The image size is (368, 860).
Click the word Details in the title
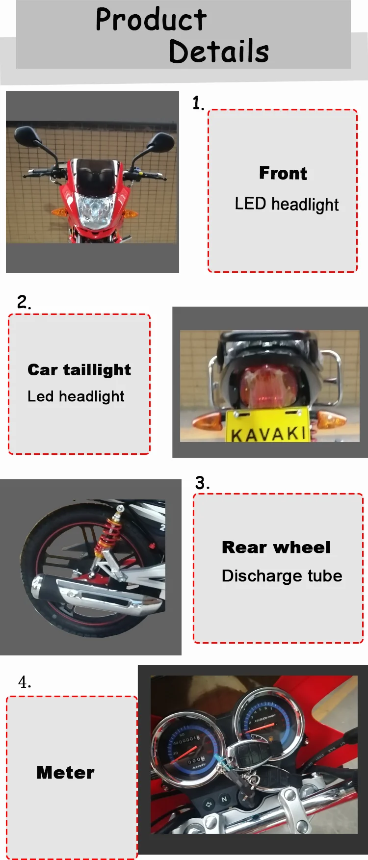(x=219, y=51)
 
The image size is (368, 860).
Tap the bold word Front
(x=283, y=173)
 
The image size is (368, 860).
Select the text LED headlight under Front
(x=287, y=204)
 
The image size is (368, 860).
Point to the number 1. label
(x=198, y=103)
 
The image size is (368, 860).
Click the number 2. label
(x=24, y=301)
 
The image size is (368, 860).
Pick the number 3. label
(x=202, y=483)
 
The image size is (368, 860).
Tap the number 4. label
(x=25, y=682)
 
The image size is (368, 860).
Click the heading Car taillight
(x=79, y=370)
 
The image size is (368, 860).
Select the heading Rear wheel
(x=276, y=547)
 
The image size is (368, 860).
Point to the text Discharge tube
(x=282, y=575)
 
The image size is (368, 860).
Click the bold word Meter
(x=65, y=773)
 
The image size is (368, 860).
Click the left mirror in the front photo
(x=26, y=136)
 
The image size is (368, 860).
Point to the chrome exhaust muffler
(x=96, y=593)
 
